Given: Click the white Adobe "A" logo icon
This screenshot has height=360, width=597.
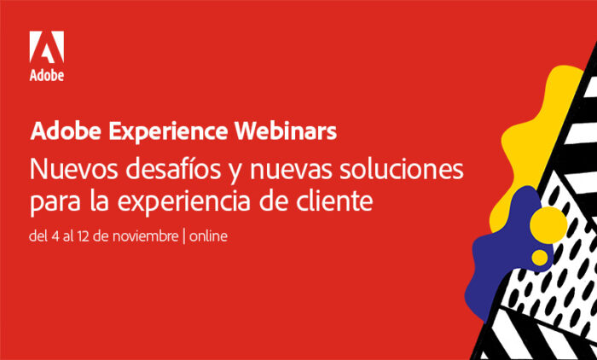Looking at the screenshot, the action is pyautogui.click(x=46, y=46).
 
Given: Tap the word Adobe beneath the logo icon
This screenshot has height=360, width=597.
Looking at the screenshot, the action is pyautogui.click(x=46, y=75).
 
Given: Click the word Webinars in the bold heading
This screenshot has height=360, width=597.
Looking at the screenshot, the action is pyautogui.click(x=286, y=131).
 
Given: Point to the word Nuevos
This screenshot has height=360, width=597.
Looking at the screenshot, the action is pyautogui.click(x=74, y=170).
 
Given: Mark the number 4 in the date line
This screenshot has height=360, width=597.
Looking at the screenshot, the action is pyautogui.click(x=55, y=236).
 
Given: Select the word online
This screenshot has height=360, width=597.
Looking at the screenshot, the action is pyautogui.click(x=208, y=236).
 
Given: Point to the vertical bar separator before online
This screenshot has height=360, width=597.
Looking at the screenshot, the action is pyautogui.click(x=184, y=237).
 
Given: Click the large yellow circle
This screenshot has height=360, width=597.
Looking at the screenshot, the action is pyautogui.click(x=548, y=225).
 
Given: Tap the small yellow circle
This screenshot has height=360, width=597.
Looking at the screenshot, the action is pyautogui.click(x=540, y=258).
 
